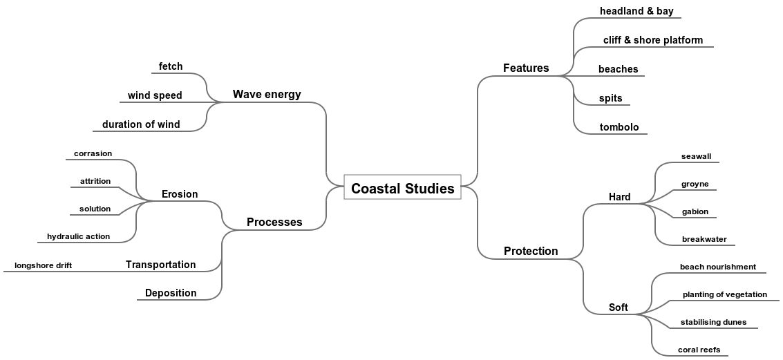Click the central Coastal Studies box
pyautogui.click(x=402, y=187)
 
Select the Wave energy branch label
pyautogui.click(x=267, y=94)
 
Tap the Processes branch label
pyautogui.click(x=274, y=222)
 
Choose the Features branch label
pyautogui.click(x=525, y=68)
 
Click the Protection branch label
pyautogui.click(x=530, y=251)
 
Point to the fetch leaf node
pyautogui.click(x=171, y=66)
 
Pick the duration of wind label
pyautogui.click(x=141, y=124)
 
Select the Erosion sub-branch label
pyautogui.click(x=180, y=194)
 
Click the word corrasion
pyautogui.click(x=93, y=153)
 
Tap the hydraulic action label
pyautogui.click(x=78, y=236)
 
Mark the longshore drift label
pyautogui.click(x=43, y=265)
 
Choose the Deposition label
pyautogui.click(x=171, y=293)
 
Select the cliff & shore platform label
pyautogui.click(x=652, y=40)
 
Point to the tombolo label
pyautogui.click(x=619, y=127)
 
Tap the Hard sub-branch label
pyautogui.click(x=619, y=197)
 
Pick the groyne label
pyautogui.click(x=695, y=184)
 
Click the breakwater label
pyautogui.click(x=704, y=239)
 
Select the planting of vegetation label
pyautogui.click(x=724, y=294)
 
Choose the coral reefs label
pyautogui.click(x=699, y=350)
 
